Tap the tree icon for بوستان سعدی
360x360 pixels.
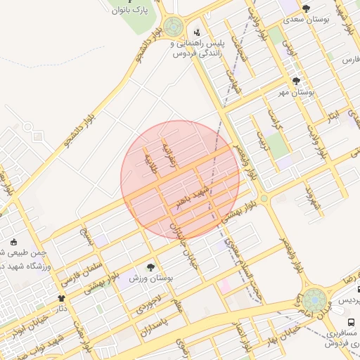[306, 7]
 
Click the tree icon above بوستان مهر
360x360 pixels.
[295, 81]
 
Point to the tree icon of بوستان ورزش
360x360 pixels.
[150, 267]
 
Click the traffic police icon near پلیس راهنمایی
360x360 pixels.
[197, 32]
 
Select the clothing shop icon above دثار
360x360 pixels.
[61, 298]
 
